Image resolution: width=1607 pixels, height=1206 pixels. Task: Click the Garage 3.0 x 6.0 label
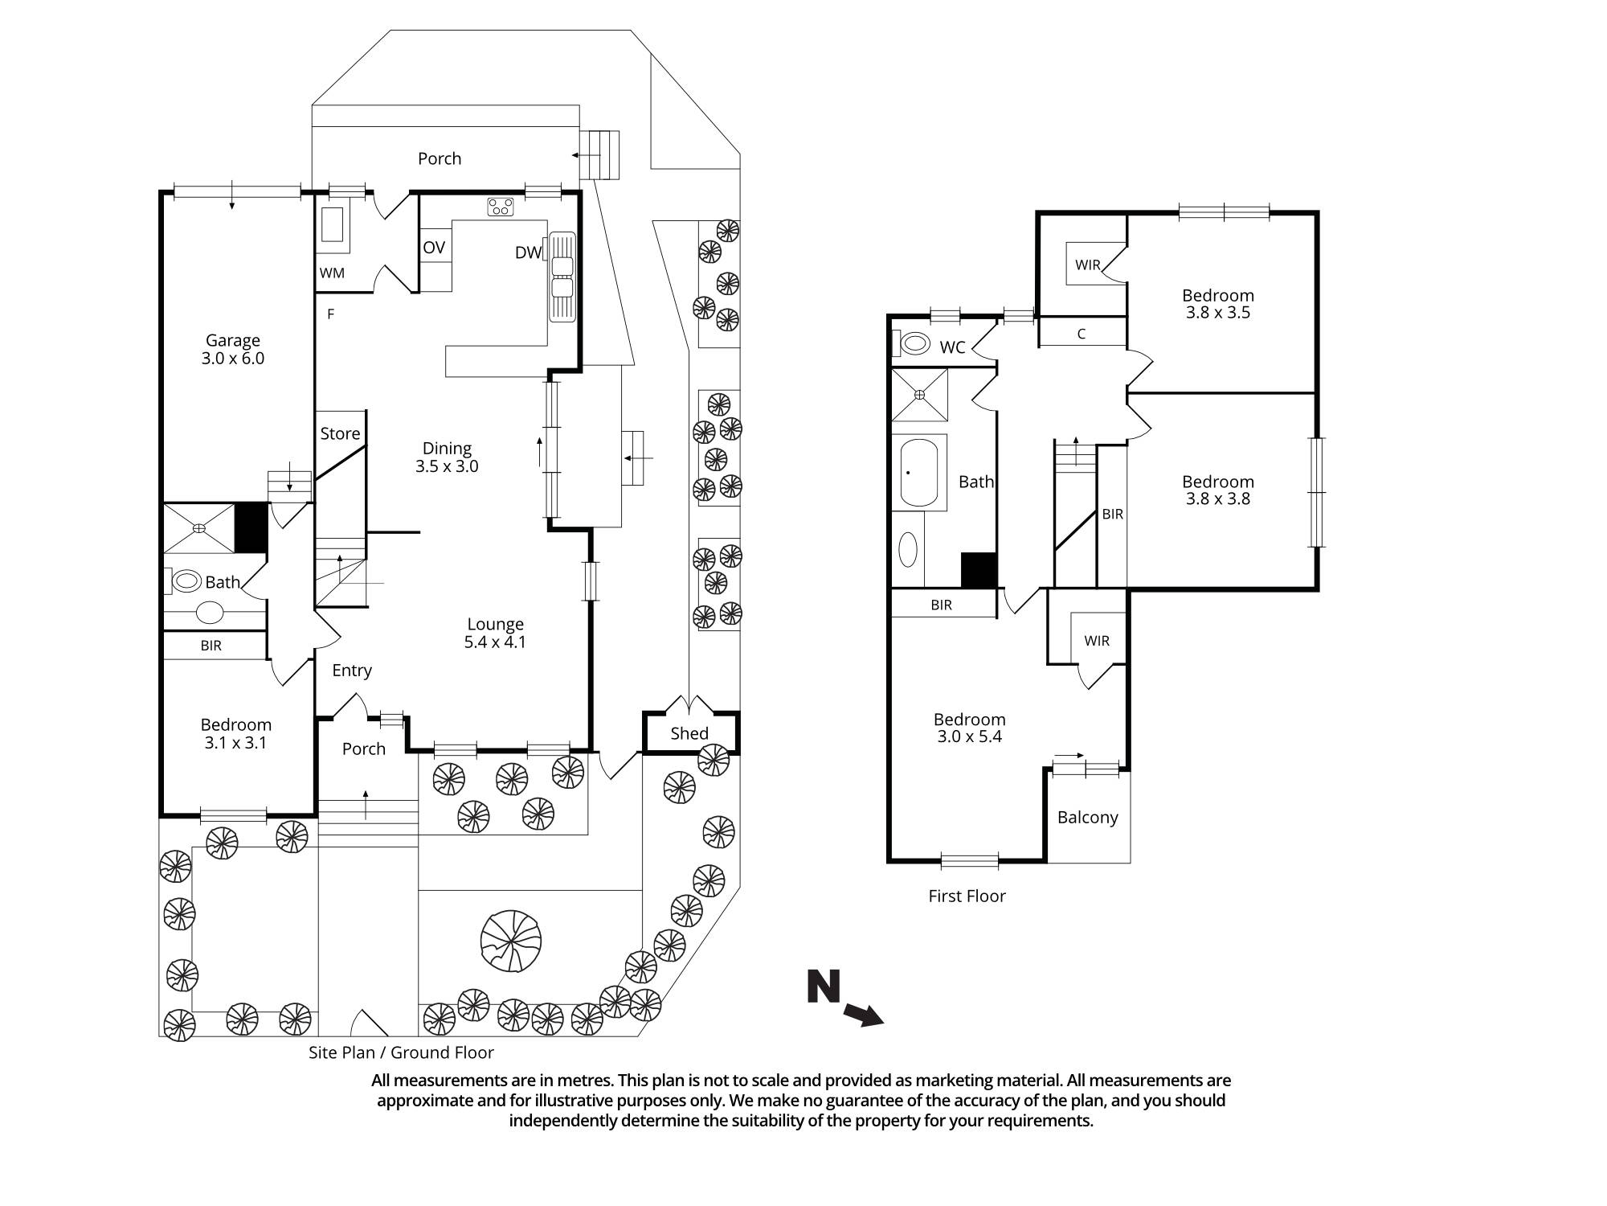click(x=232, y=350)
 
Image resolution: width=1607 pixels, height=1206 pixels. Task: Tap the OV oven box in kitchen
click(x=434, y=248)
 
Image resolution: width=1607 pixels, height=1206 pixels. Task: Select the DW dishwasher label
click(x=528, y=253)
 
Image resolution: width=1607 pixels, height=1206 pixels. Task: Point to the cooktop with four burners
click(x=501, y=207)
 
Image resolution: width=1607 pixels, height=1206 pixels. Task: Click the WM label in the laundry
click(x=332, y=273)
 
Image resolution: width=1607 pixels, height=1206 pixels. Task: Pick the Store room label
click(x=340, y=434)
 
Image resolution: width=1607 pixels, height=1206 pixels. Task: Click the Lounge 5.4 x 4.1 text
click(x=495, y=633)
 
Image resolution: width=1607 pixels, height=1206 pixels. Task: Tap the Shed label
click(x=689, y=733)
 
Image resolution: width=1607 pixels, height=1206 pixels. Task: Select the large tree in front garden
click(x=510, y=941)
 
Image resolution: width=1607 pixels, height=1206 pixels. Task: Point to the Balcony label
click(x=1087, y=818)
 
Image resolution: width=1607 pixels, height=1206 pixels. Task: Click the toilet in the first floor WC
click(x=914, y=344)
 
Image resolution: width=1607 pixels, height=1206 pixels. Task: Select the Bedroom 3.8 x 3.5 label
click(x=1217, y=304)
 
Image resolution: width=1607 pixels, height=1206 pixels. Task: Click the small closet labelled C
click(x=1082, y=334)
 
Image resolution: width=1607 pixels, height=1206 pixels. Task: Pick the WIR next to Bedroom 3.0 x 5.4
click(x=1096, y=641)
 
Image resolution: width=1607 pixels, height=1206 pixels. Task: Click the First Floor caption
click(x=967, y=896)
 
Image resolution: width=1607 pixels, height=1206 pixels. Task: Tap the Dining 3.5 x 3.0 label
click(x=447, y=457)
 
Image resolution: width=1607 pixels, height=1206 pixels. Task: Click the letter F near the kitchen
click(x=330, y=314)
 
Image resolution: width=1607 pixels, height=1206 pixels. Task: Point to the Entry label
click(x=352, y=671)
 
